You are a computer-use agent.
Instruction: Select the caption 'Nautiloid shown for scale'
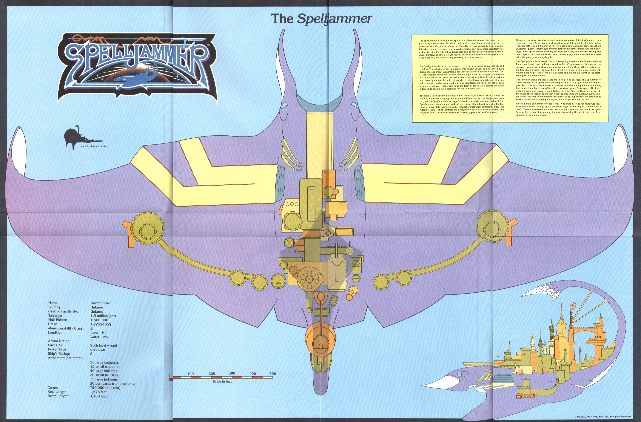93,146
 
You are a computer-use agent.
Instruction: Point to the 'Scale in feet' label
222,381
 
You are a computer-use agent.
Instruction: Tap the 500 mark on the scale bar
273,374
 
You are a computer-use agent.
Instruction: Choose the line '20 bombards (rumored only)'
113,383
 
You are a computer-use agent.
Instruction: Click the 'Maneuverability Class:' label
66,328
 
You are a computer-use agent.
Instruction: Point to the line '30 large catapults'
104,363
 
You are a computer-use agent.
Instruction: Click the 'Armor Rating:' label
59,341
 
